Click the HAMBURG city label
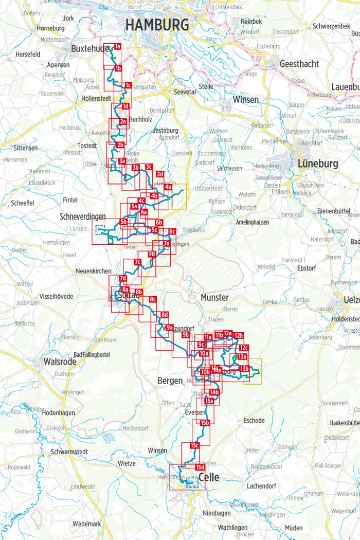coord(157,24)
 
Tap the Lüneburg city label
coord(318,164)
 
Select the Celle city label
coord(208,477)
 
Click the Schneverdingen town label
coord(82,217)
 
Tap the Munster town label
coord(214,297)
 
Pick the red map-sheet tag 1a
coord(118,47)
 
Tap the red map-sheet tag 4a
coord(168,188)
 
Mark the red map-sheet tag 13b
coord(244,368)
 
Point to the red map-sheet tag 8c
coord(152,299)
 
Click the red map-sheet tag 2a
coord(123,121)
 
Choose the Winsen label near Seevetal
coord(245,99)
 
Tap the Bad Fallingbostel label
coord(92,355)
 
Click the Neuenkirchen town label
coord(93,271)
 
